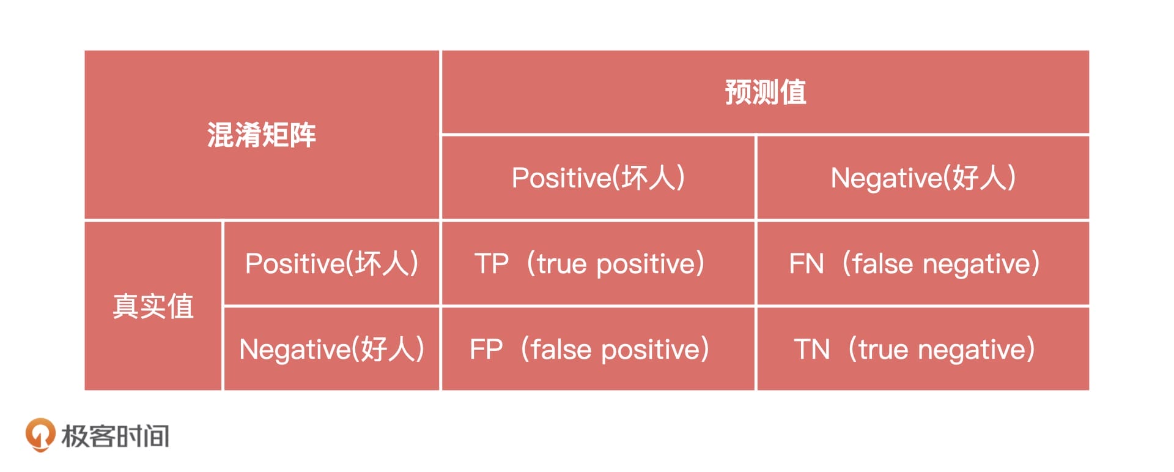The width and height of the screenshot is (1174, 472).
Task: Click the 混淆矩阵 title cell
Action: pos(262,135)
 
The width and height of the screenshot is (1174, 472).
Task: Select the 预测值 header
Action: pos(765,92)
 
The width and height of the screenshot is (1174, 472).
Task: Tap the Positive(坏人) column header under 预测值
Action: pos(598,178)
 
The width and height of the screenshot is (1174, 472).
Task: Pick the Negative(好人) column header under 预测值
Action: pos(923,178)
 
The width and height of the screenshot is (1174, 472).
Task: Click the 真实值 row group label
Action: pos(153,306)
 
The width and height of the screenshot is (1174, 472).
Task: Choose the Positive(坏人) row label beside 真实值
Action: pos(331,263)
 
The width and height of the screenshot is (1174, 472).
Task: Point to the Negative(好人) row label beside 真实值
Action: pos(331,349)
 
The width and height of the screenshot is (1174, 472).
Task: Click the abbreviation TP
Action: pos(492,264)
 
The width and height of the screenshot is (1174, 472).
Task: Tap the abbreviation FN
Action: pos(807,264)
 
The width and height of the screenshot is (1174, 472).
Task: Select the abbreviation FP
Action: pos(486,350)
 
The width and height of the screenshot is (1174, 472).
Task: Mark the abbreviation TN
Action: pos(812,350)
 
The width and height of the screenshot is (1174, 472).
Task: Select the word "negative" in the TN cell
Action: pos(972,350)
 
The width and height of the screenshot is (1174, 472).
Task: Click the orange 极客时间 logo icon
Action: pos(40,435)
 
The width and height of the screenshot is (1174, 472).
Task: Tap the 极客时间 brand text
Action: pos(116,436)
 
